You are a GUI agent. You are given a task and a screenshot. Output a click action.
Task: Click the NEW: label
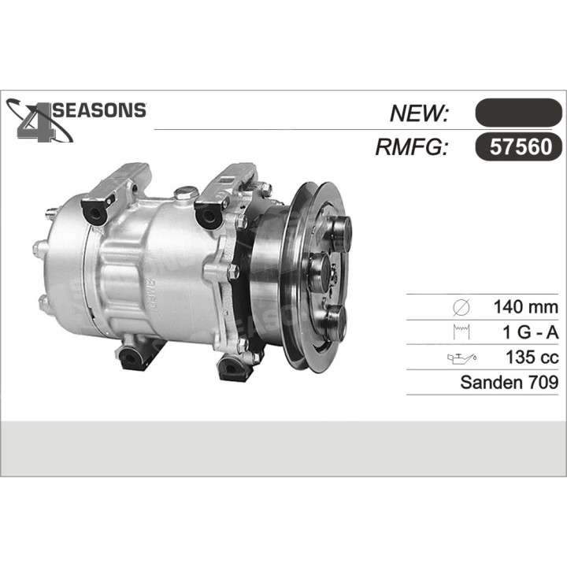coord(419,113)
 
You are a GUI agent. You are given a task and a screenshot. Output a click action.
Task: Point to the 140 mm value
coord(524,307)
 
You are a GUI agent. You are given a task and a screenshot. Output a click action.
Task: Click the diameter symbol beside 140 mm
coord(463,307)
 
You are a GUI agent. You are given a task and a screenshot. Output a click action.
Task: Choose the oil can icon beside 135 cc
coord(461,358)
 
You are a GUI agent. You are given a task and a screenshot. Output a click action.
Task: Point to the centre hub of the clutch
coord(319,272)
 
